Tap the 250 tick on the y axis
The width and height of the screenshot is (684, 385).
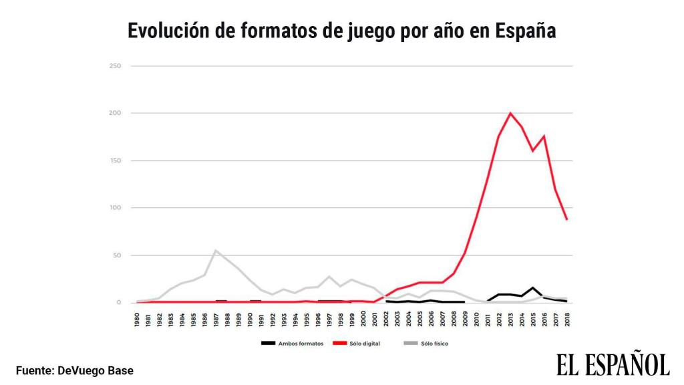pyautogui.click(x=116, y=66)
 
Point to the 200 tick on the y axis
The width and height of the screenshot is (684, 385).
pyautogui.click(x=116, y=113)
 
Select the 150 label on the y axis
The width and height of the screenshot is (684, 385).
pyautogui.click(x=116, y=160)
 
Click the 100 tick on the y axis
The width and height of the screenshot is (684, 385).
pyautogui.click(x=116, y=208)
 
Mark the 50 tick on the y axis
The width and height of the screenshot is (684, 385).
pyautogui.click(x=117, y=255)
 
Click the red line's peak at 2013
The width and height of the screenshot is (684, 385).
pyautogui.click(x=510, y=113)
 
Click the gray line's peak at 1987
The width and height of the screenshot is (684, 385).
pyautogui.click(x=215, y=251)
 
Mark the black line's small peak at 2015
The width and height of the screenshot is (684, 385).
pyautogui.click(x=532, y=288)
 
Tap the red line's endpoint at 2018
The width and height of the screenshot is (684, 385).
pyautogui.click(x=566, y=219)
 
